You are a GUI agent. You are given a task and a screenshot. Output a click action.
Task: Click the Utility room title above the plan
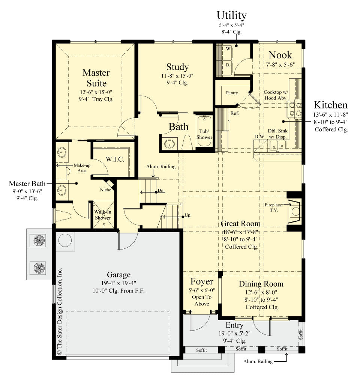[232, 15]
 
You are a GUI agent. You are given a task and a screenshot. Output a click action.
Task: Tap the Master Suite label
[96, 78]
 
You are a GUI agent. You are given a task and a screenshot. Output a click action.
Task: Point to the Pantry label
[232, 93]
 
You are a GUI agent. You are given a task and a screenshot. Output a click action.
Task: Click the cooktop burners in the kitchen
[295, 109]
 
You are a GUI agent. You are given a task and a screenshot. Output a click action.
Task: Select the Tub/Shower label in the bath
[204, 134]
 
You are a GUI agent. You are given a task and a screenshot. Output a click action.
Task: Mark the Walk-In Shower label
[102, 215]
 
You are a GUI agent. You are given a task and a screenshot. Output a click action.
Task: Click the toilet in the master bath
[62, 216]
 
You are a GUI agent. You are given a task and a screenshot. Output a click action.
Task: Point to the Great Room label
[240, 224]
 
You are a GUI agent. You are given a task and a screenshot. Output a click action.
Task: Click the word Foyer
[202, 281]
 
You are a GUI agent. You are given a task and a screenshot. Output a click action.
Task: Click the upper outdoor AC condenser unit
[37, 241]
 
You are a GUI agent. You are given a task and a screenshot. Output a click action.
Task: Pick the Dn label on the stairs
[160, 191]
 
